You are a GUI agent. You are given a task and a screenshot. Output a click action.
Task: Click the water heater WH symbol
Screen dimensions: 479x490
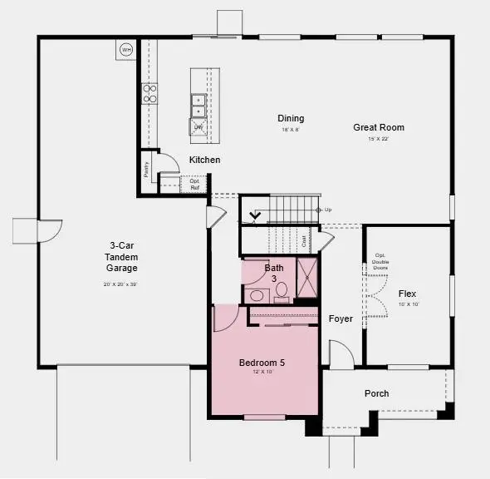pos(126,50)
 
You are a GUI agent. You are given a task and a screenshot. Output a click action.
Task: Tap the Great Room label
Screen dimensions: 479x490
pos(378,127)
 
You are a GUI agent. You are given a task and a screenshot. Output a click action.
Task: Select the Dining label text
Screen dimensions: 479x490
pos(291,118)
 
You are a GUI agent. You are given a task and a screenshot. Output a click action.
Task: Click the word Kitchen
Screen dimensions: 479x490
pos(204,160)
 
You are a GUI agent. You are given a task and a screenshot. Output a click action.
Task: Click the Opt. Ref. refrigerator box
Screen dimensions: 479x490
pos(194,184)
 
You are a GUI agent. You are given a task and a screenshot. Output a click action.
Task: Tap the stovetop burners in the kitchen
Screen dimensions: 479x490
pos(150,93)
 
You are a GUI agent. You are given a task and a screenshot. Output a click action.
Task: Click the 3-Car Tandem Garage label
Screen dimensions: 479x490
pos(122,257)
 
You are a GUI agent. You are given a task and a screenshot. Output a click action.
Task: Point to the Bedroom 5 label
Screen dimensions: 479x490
pos(262,363)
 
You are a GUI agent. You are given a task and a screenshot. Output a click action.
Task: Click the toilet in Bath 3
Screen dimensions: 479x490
pos(281,290)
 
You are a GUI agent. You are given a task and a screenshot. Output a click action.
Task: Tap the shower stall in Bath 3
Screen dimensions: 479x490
pos(307,279)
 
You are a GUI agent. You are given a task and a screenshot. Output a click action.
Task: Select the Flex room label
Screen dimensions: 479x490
pos(407,294)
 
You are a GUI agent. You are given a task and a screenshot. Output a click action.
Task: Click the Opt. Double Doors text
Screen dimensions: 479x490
pos(381,263)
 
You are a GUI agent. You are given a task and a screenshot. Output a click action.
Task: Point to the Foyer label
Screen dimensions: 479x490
pos(341,319)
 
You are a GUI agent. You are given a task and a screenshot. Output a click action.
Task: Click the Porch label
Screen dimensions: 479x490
pos(376,393)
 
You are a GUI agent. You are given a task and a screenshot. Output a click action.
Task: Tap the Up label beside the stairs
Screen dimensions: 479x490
pos(327,210)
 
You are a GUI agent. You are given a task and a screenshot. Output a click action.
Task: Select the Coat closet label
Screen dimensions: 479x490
pos(304,242)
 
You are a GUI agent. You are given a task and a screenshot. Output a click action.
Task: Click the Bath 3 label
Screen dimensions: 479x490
pos(273,273)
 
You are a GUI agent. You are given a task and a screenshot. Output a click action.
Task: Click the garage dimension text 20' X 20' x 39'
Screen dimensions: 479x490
pos(122,284)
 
